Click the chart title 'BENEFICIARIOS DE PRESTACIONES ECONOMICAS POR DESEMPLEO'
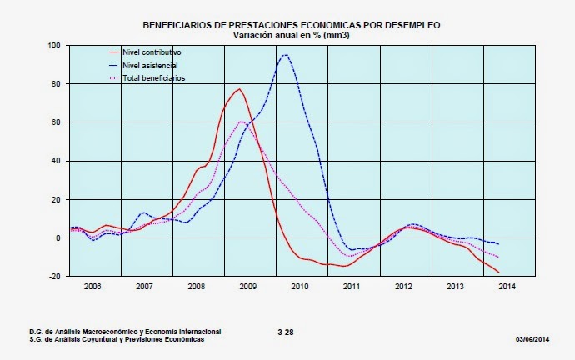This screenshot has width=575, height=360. point(292,26)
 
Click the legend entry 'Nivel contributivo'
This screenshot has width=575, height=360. point(151,52)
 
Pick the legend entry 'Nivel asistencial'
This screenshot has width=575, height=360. point(150,65)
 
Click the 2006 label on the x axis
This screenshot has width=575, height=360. point(92,286)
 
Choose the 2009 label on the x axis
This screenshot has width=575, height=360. point(247,286)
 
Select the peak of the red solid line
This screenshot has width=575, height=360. point(239,89)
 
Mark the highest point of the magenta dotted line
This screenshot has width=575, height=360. point(242,122)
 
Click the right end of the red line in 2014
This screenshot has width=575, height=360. point(498,272)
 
